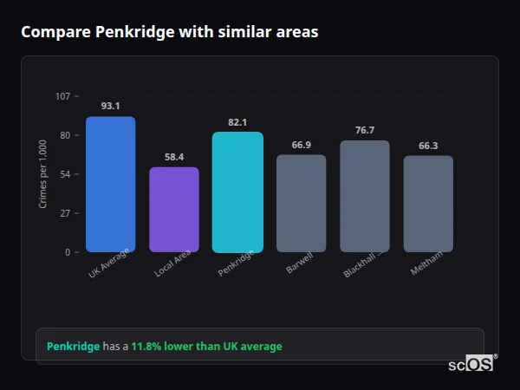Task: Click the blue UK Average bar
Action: point(110,185)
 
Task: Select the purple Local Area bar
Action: point(174,210)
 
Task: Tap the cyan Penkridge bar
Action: point(237,192)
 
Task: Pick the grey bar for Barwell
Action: point(301,204)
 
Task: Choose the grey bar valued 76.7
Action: point(365,197)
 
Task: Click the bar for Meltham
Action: point(428,204)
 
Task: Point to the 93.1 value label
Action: point(110,106)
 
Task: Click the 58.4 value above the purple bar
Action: point(174,157)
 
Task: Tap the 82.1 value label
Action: point(237,122)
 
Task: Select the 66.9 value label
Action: point(301,145)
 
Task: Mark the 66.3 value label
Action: point(428,146)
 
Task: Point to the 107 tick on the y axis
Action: point(62,96)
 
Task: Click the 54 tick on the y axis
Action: point(65,174)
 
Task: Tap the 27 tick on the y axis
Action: point(65,213)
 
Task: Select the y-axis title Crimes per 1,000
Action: point(43,174)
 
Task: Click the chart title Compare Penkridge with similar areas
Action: point(169,32)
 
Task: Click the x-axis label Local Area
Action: point(173,263)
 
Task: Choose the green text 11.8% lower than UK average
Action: point(206,347)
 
